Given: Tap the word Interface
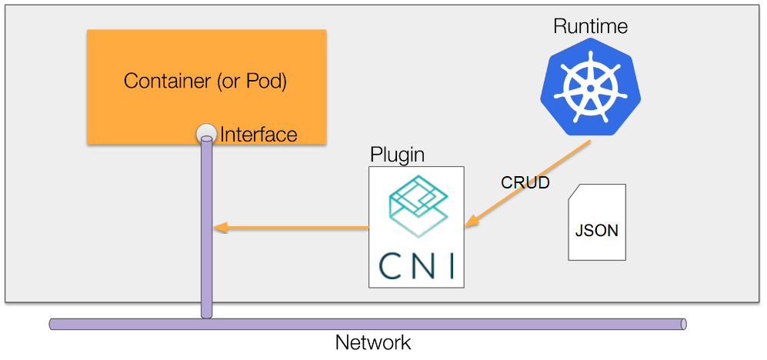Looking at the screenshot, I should (258, 135).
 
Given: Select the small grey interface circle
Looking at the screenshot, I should (205, 133).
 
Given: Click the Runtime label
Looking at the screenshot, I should (590, 26).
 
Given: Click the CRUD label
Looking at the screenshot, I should (525, 183).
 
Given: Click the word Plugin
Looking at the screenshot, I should (397, 154).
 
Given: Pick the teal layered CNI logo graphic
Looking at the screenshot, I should (416, 204).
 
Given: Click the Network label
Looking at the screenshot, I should (373, 342).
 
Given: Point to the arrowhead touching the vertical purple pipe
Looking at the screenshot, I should (220, 227).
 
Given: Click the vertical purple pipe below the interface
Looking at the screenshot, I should (206, 231).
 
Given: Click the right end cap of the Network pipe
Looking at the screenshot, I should (682, 324).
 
